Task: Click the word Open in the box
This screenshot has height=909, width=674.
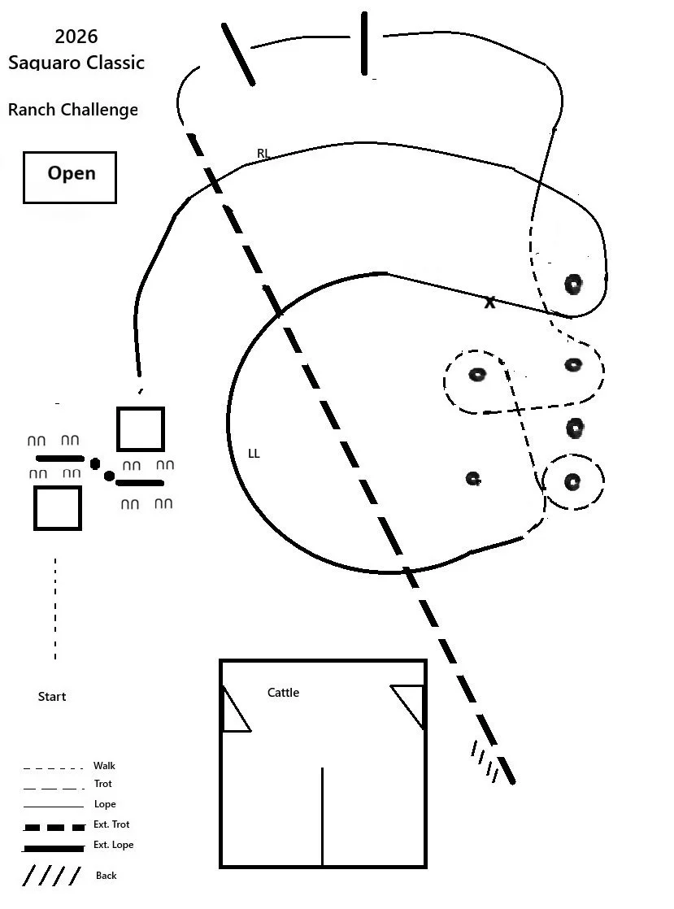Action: [71, 173]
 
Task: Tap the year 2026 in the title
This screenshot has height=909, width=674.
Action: [76, 37]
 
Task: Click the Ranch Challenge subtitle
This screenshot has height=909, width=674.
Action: [73, 110]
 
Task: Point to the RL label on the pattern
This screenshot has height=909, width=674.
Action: [263, 154]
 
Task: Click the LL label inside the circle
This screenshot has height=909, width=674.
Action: [254, 454]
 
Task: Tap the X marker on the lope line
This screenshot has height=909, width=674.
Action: [489, 302]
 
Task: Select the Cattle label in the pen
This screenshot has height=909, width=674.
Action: [283, 693]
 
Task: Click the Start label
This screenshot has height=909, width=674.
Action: [52, 697]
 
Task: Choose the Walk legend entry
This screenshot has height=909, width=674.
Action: [104, 766]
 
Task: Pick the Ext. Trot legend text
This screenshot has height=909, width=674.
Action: [111, 824]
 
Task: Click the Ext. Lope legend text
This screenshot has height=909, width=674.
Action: [113, 845]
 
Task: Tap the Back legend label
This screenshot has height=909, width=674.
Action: [106, 876]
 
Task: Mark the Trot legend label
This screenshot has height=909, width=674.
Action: [102, 784]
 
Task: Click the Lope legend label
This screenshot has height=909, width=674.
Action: [104, 804]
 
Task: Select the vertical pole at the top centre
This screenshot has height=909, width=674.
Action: [364, 44]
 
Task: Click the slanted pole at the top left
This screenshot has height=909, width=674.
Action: [238, 54]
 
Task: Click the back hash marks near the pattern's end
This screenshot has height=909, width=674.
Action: [485, 761]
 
